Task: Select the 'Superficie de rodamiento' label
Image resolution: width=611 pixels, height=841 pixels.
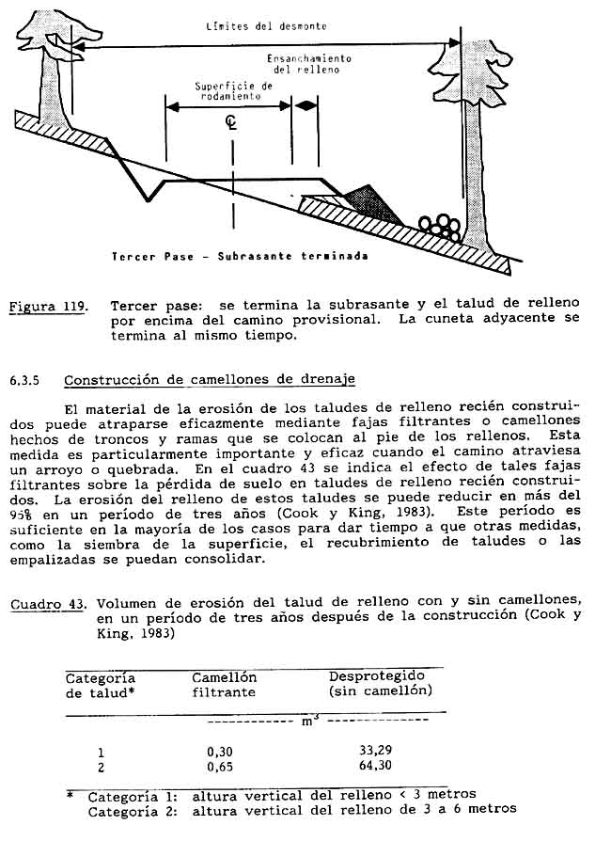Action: [x=232, y=89]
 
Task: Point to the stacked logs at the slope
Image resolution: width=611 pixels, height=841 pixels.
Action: [x=440, y=225]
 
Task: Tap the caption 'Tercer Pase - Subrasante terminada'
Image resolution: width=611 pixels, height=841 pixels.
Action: [x=239, y=256]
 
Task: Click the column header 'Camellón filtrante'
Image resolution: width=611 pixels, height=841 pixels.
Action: [x=224, y=684]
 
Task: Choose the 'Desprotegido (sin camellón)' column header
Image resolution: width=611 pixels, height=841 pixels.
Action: [x=380, y=683]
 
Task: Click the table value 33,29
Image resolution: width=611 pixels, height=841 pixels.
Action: [x=376, y=751]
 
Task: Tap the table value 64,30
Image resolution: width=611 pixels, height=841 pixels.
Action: [x=376, y=766]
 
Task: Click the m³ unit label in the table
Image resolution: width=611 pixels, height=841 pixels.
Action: [x=308, y=722]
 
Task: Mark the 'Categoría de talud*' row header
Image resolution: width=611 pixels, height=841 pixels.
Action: [x=100, y=685]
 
